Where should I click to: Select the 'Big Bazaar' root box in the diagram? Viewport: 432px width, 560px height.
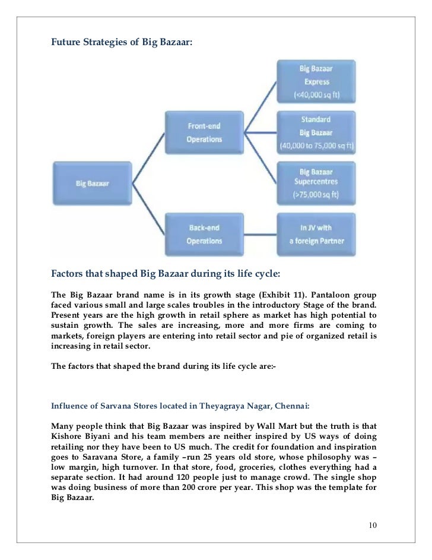click(x=91, y=183)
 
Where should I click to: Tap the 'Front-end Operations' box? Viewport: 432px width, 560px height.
click(x=204, y=132)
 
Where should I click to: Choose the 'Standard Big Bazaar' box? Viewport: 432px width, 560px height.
click(x=316, y=132)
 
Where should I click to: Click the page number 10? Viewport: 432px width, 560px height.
click(x=373, y=526)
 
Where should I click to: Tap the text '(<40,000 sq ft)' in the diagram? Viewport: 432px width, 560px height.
click(x=316, y=95)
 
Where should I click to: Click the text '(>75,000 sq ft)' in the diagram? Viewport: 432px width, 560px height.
click(x=316, y=194)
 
